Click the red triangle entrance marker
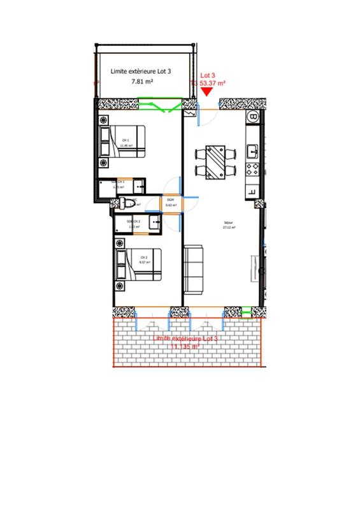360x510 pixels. [x=207, y=92]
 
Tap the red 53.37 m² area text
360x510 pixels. [x=213, y=83]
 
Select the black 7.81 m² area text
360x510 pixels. [x=141, y=82]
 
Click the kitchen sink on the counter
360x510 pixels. [x=253, y=150]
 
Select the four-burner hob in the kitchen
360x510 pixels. [x=253, y=170]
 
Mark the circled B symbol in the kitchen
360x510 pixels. [x=254, y=117]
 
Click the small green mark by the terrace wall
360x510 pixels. [x=247, y=311]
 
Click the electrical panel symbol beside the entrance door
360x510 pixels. [x=189, y=114]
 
